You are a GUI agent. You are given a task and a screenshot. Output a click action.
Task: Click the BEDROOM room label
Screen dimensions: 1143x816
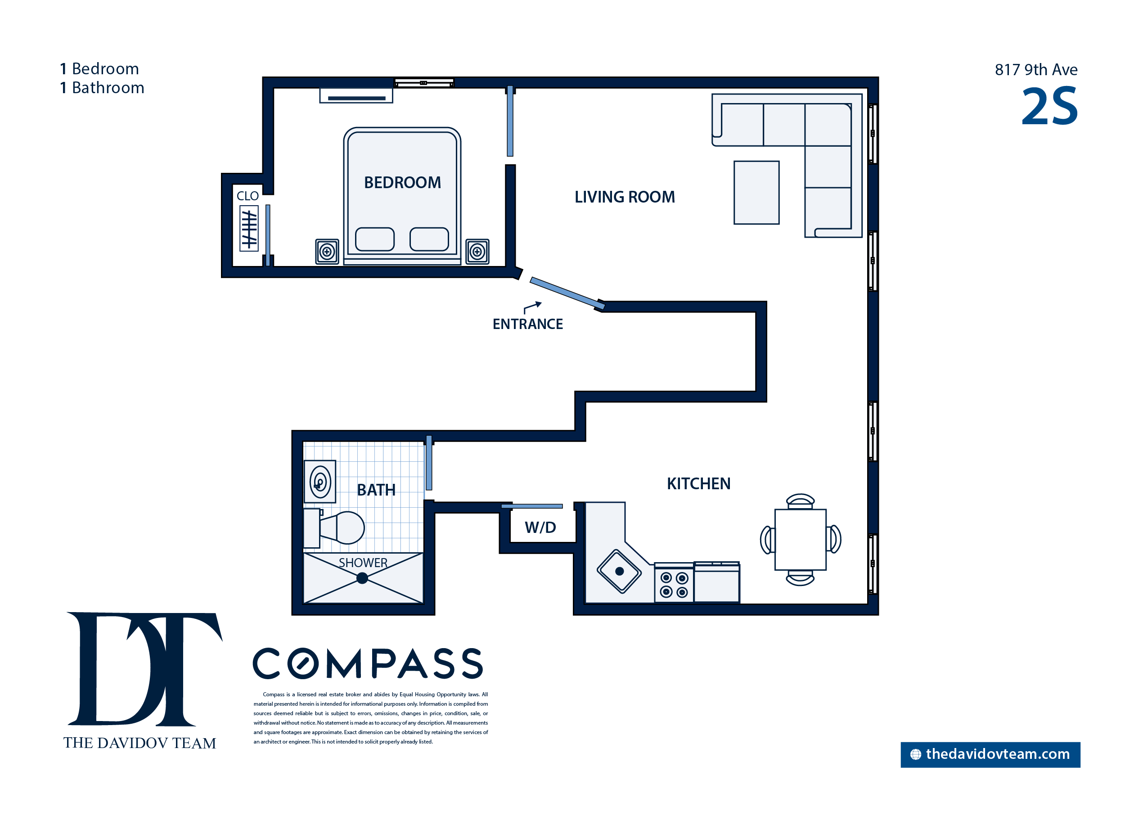click(x=402, y=182)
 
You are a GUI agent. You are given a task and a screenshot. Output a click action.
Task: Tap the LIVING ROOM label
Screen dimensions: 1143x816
click(x=625, y=197)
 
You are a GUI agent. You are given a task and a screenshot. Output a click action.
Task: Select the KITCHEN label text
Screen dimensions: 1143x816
click(x=698, y=483)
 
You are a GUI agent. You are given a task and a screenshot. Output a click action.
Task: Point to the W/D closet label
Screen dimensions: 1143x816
click(x=540, y=527)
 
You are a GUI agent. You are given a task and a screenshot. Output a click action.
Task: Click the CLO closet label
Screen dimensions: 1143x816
click(x=247, y=196)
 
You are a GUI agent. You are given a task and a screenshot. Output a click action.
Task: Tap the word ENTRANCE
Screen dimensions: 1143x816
click(x=527, y=324)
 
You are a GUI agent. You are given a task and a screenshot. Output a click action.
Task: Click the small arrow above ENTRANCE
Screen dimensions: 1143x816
click(x=532, y=307)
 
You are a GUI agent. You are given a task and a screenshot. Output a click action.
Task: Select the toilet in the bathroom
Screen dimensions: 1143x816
click(x=334, y=528)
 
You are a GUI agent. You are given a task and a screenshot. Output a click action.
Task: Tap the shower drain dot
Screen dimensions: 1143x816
click(x=362, y=578)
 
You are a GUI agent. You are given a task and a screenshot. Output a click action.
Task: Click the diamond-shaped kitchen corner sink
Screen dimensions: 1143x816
click(x=619, y=571)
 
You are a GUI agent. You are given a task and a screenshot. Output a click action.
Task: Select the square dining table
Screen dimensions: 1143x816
click(x=801, y=540)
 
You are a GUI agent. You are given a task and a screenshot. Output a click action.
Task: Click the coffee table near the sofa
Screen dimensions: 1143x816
click(x=756, y=193)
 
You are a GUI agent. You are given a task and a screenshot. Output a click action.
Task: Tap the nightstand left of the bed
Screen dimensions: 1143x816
click(x=327, y=251)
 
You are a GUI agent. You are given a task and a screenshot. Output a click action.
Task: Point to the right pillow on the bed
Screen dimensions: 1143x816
click(x=429, y=239)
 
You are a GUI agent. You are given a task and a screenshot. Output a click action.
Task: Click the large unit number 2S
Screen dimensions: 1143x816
click(x=1049, y=107)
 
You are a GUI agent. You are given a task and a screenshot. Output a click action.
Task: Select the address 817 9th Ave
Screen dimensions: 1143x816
click(x=1036, y=69)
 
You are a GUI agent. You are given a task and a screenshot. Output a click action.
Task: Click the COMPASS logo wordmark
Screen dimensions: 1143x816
click(x=368, y=663)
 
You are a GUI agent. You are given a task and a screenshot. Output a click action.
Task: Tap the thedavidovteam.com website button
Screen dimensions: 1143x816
click(x=990, y=754)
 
